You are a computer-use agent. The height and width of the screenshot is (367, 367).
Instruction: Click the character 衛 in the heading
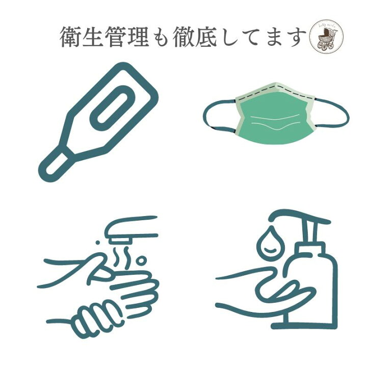[x=72, y=37]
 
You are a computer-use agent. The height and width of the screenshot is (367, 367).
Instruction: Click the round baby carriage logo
[x=327, y=38]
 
